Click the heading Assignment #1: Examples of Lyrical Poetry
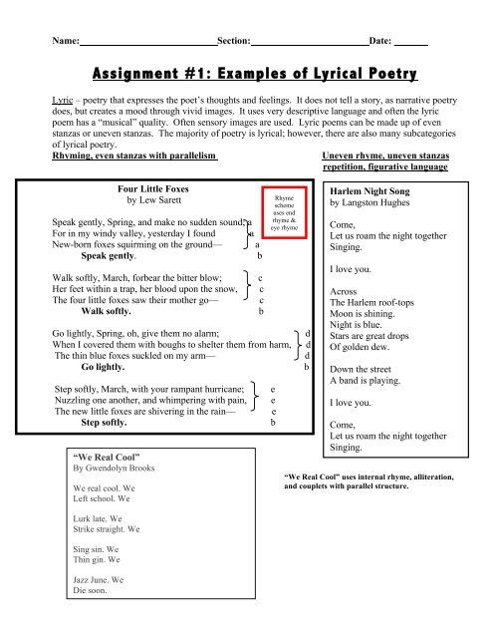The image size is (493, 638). (246, 75)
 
